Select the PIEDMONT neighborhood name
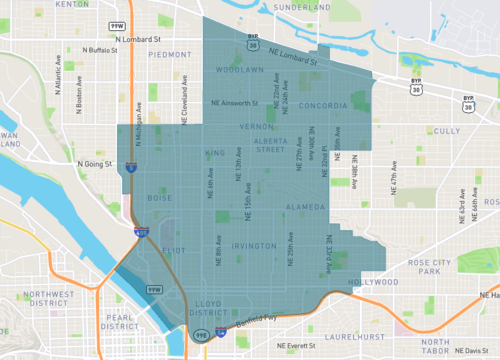(169, 56)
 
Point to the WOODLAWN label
(238, 71)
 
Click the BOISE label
(160, 197)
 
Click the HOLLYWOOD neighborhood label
(365, 283)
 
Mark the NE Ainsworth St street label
(240, 102)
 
